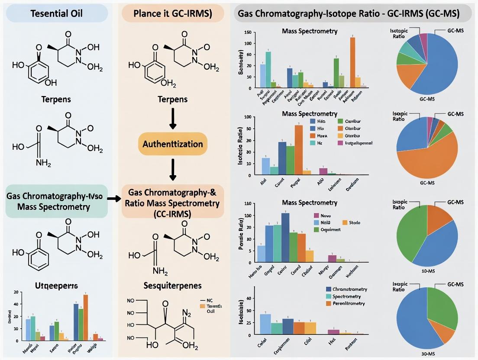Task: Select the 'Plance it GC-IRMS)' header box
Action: tap(172, 13)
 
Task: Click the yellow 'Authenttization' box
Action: tap(173, 143)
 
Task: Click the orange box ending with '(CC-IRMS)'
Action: tap(173, 201)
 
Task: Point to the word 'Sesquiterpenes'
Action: tap(173, 286)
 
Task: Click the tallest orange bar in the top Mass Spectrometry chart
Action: tap(352, 62)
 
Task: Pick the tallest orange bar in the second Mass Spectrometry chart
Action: tap(299, 150)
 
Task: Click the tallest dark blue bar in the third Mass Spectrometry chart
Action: tap(285, 238)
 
